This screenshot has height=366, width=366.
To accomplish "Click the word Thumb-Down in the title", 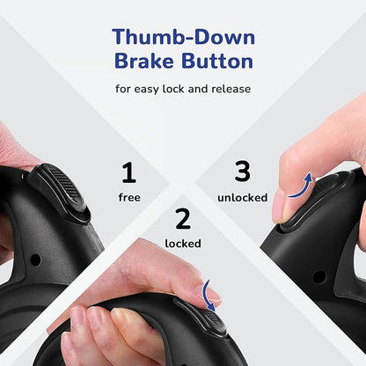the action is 184,37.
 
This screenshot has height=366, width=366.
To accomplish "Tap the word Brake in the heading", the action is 143,61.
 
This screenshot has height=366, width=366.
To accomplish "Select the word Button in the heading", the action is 217,61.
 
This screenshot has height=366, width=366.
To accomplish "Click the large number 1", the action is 129,172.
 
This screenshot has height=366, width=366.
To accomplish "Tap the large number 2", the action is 183,219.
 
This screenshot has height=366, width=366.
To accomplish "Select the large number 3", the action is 242,171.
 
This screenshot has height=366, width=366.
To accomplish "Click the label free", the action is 129,197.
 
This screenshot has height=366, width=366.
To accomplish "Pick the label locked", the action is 183,244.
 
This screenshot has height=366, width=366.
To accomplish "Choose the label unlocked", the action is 243,197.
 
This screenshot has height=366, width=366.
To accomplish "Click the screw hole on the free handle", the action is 36,260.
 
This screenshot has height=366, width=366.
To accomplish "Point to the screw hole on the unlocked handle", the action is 318,276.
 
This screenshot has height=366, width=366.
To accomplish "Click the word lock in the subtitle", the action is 174,89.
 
